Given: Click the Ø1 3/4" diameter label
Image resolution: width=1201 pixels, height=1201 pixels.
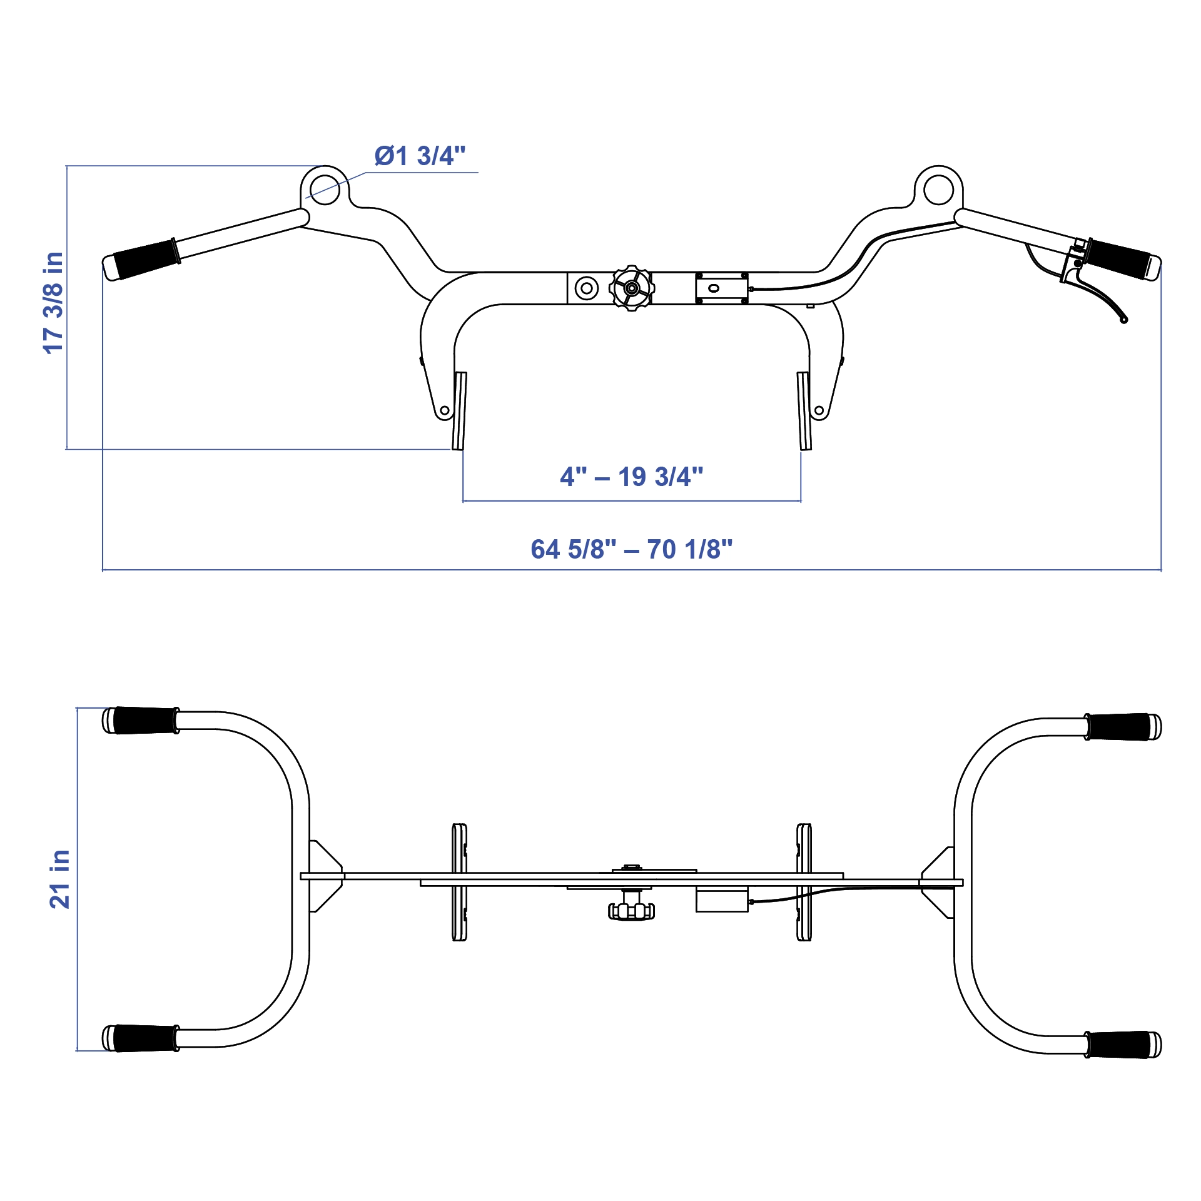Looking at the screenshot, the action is [420, 156].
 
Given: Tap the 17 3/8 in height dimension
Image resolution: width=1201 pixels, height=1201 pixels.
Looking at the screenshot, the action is [54, 303].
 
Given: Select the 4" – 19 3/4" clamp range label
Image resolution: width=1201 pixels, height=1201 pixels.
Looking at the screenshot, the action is [631, 477].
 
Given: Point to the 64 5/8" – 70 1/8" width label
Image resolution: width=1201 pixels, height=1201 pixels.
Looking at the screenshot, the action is [631, 549].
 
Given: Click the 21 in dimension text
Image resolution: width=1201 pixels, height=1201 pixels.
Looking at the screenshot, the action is [60, 879].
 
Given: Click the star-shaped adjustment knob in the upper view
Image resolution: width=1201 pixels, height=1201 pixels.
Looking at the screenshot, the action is [632, 288].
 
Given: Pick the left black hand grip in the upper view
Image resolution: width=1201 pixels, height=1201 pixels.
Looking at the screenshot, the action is [146, 258].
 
